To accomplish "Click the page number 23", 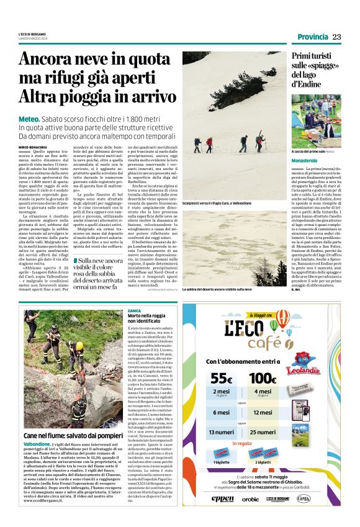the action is [336, 37].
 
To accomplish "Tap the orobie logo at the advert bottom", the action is [250, 498].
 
